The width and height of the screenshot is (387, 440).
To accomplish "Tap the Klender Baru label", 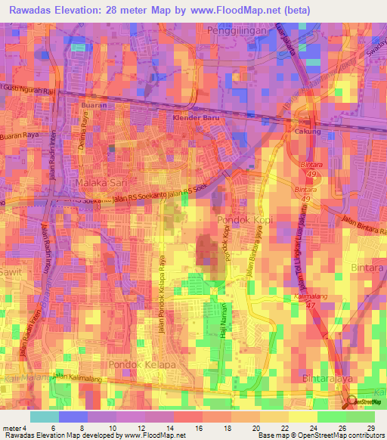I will pyautogui.click(x=196, y=119).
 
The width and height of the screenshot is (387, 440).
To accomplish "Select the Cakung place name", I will pyautogui.click(x=308, y=132).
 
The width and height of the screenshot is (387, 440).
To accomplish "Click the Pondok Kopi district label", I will pyautogui.click(x=240, y=220).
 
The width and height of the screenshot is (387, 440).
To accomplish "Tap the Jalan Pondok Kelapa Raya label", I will pyautogui.click(x=163, y=291).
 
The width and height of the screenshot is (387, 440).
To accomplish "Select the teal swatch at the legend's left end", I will pyautogui.click(x=44, y=417).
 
